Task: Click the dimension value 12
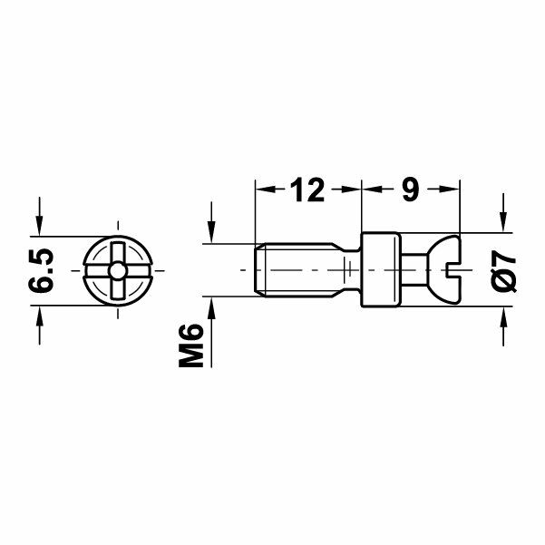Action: click(307, 190)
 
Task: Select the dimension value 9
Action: click(409, 190)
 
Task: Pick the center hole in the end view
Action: click(119, 270)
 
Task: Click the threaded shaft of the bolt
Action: click(295, 270)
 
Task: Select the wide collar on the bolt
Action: click(382, 270)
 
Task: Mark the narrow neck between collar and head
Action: click(414, 270)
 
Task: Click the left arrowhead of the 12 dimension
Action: click(264, 190)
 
